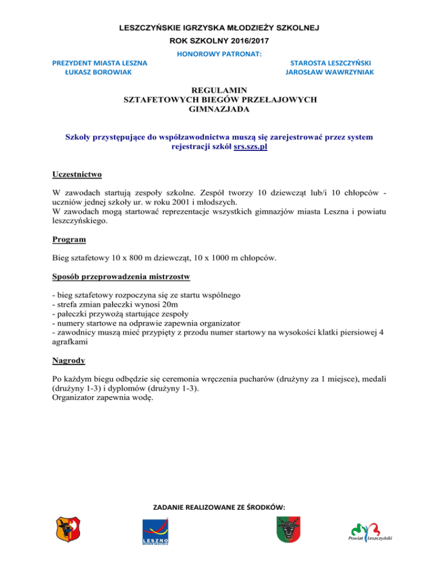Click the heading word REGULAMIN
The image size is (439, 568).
pos(220,90)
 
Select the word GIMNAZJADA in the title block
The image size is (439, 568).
pos(220,108)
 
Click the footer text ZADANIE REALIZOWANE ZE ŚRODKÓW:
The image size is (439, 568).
pos(219,506)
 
